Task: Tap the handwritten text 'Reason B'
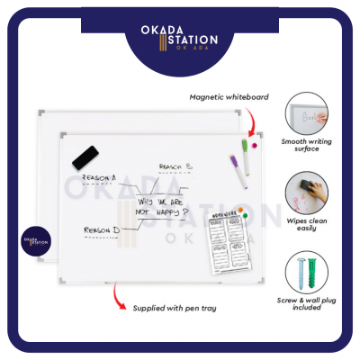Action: click(x=175, y=166)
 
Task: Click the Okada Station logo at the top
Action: click(x=180, y=44)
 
